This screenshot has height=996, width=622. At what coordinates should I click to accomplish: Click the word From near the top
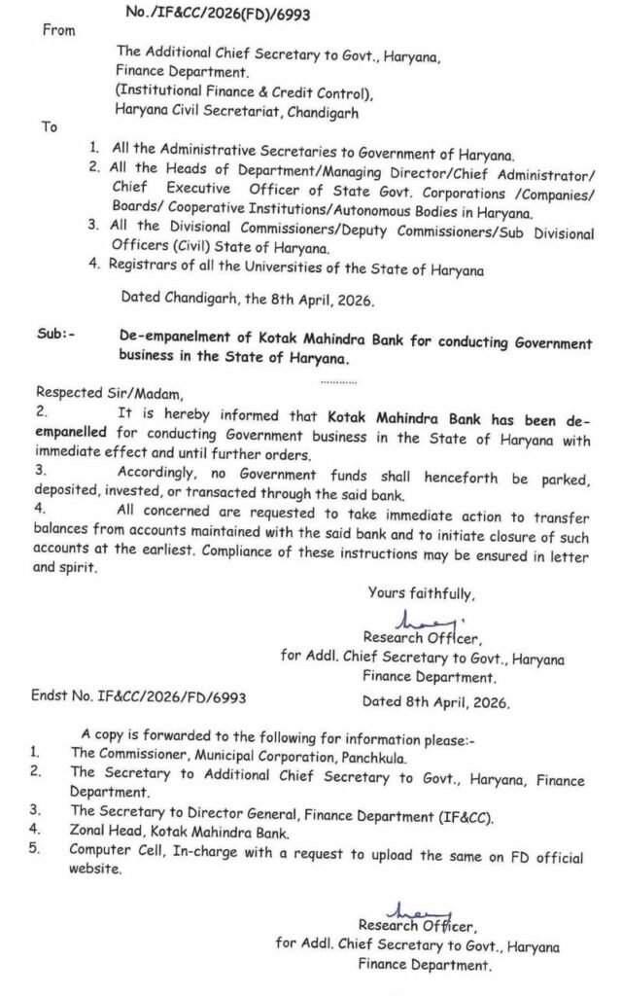pos(59,31)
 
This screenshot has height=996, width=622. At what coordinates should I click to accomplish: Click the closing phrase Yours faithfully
pos(421,592)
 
